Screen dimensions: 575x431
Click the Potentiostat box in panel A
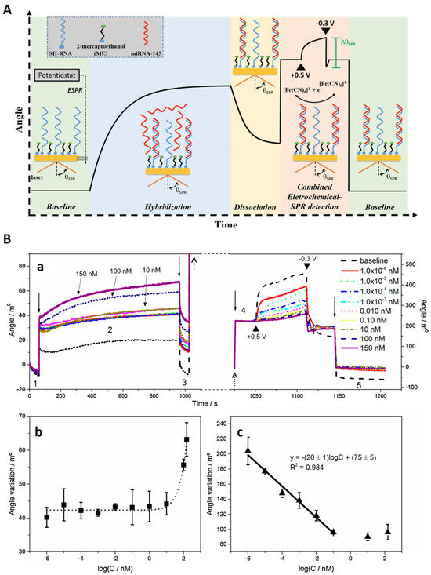click(59, 76)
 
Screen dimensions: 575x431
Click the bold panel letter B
click(9, 240)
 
